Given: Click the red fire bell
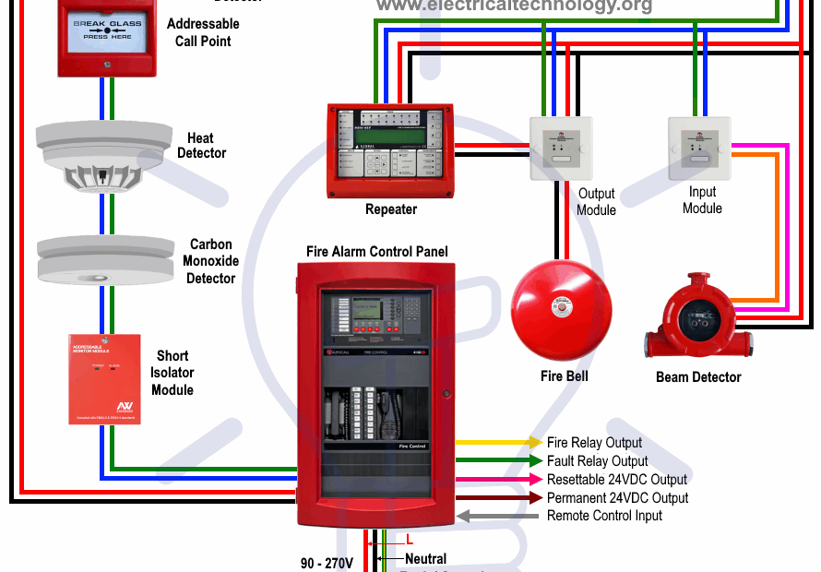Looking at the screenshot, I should pos(561,309).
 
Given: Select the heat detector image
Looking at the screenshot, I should pos(104,154).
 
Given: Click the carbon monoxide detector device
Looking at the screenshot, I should pos(104,259).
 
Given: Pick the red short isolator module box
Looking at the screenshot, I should pos(104,378).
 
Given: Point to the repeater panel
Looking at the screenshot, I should pos(391,149).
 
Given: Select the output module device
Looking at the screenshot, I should pos(561,148).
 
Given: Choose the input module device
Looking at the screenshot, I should pos(699,148).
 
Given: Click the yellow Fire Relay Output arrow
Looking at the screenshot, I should pos(498,443).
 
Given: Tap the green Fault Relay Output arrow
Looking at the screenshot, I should pos(498,461).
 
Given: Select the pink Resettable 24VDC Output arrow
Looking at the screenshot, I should pos(498,480).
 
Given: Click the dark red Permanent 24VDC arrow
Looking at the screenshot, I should pos(498,498).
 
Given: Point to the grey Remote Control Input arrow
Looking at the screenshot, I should pos(498,516).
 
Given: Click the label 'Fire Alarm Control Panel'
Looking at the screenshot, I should pos(377,252).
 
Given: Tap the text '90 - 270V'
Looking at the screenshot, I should pos(327,561).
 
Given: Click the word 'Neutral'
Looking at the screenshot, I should pos(425,559).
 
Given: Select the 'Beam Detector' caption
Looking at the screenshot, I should pos(698,377).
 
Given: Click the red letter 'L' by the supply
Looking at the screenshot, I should pos(410,541).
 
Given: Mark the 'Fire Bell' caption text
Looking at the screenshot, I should pos(564,376).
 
